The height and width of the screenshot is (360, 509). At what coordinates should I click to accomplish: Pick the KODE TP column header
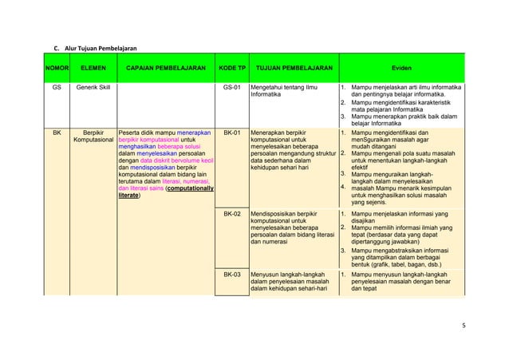tap(232, 68)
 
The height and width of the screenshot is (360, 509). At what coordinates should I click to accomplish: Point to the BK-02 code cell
tap(232, 215)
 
